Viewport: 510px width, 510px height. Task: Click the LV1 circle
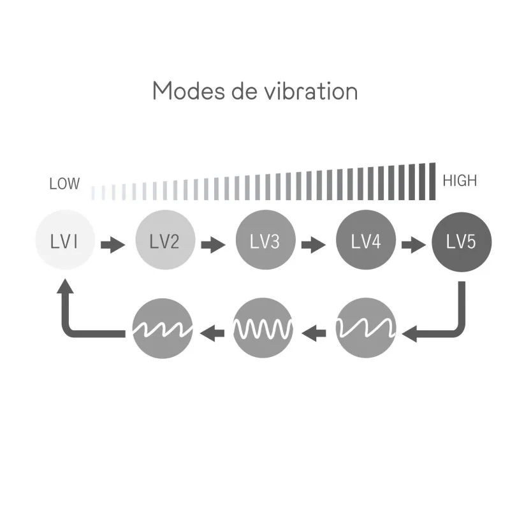[x=65, y=240]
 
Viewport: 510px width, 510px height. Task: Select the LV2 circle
[x=165, y=240]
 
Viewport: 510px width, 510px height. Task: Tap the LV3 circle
[x=265, y=240]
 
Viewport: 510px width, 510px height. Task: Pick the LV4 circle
[x=365, y=240]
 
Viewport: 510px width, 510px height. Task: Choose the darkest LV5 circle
[x=462, y=242]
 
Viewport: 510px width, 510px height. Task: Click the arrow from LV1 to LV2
[x=113, y=245]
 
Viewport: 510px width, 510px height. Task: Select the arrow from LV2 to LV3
[x=213, y=245]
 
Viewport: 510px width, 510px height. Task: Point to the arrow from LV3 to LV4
[x=313, y=245]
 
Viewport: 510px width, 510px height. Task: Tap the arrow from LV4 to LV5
[x=413, y=245]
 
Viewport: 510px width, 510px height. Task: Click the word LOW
[x=64, y=184]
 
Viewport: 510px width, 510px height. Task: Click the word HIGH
[x=460, y=180]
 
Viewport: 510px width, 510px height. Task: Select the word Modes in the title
[x=188, y=91]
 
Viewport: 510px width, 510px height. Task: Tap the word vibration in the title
[x=311, y=91]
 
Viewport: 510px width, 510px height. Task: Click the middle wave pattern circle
[x=263, y=328]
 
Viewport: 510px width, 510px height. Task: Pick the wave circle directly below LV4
[x=365, y=328]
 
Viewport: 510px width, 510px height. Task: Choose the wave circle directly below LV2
[x=163, y=328]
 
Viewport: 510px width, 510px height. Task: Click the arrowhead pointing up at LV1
[x=65, y=286]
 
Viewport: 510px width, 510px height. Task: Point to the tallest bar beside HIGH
[x=432, y=182]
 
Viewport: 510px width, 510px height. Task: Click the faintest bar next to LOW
[x=93, y=193]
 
